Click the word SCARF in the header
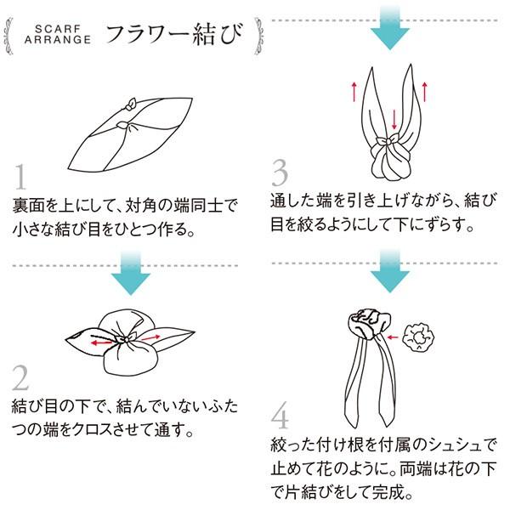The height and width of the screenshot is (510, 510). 58,29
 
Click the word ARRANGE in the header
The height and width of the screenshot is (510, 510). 58,40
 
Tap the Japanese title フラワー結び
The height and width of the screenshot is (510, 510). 174,34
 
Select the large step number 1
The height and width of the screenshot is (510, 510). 20,177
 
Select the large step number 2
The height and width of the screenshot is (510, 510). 20,377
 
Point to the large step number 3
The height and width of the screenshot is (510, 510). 280,173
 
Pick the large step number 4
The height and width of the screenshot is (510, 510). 280,416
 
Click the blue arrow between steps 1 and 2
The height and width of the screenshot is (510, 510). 131,274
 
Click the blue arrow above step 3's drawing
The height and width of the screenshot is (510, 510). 390,28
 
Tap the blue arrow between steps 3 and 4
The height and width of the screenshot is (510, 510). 389,271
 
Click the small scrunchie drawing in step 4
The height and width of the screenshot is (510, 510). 418,337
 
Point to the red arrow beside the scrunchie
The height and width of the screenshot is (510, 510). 393,337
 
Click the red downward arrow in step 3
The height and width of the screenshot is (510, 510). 394,119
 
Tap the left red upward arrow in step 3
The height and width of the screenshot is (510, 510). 354,92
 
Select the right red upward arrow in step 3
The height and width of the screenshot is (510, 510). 424,92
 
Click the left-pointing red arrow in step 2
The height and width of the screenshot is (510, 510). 101,343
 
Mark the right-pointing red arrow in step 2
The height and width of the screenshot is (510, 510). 151,338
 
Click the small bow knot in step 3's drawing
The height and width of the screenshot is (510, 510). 387,141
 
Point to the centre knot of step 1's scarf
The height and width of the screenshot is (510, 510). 125,125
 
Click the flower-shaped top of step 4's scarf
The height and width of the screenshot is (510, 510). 370,324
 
